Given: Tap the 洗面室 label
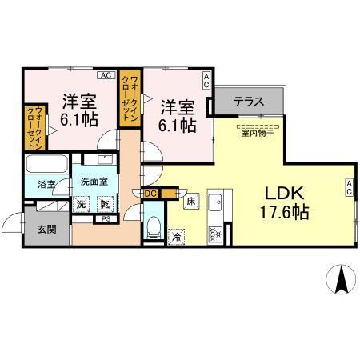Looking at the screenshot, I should [94, 182].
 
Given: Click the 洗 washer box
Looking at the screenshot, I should [82, 204].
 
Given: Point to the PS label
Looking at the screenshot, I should [106, 218].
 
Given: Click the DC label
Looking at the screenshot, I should [150, 193].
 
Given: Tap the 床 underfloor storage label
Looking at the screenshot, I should [191, 202].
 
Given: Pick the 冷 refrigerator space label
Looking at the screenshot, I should [176, 237].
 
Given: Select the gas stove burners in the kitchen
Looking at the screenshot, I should [214, 234].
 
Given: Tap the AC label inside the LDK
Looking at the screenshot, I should [350, 188].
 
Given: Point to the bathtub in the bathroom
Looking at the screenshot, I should [48, 166].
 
